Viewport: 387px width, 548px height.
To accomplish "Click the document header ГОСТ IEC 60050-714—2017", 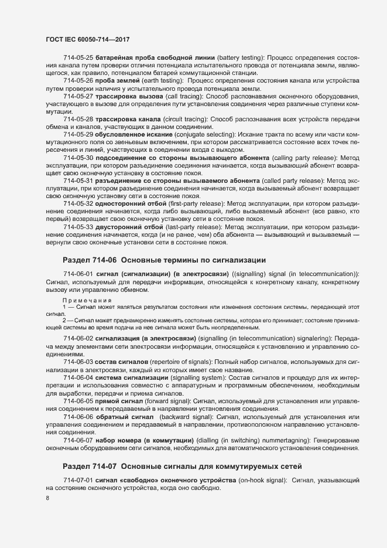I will tap(87, 39).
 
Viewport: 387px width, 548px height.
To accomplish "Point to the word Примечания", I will tap(87, 300).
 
